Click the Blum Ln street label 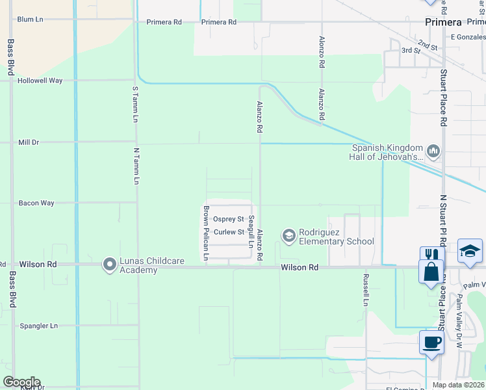(x=30, y=19)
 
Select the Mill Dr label (x=29, y=142)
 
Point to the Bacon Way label (x=36, y=203)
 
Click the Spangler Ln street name (x=38, y=326)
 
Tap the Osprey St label (x=228, y=220)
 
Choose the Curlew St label (x=229, y=232)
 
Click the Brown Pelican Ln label (x=206, y=233)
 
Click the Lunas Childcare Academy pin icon (x=109, y=263)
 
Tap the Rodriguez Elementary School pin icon (x=288, y=234)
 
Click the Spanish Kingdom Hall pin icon (x=434, y=151)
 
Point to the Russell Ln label (x=366, y=289)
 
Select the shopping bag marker (x=431, y=271)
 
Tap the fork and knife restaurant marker (x=431, y=255)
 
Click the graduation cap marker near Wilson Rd (x=470, y=250)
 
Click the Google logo (x=21, y=382)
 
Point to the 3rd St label (x=407, y=50)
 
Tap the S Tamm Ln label (x=135, y=104)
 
